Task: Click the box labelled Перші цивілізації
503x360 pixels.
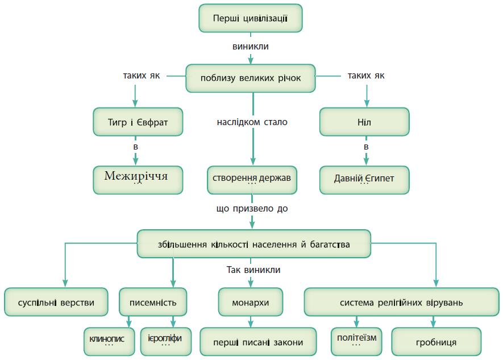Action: tap(250, 18)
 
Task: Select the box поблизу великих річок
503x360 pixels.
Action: tap(251, 78)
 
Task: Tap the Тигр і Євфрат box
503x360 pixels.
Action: tap(138, 122)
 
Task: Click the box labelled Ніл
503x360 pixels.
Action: tap(364, 122)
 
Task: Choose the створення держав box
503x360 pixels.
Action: tap(251, 179)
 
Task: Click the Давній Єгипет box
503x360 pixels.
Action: tap(364, 179)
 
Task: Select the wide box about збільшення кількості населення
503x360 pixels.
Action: tap(253, 245)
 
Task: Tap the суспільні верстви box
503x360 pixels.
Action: tap(56, 302)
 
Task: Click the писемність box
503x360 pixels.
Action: tap(153, 302)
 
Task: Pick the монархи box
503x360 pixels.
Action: tap(251, 302)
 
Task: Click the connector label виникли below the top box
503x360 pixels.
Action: tap(251, 47)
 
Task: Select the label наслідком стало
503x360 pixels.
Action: tap(252, 122)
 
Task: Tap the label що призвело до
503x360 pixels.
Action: tap(252, 209)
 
